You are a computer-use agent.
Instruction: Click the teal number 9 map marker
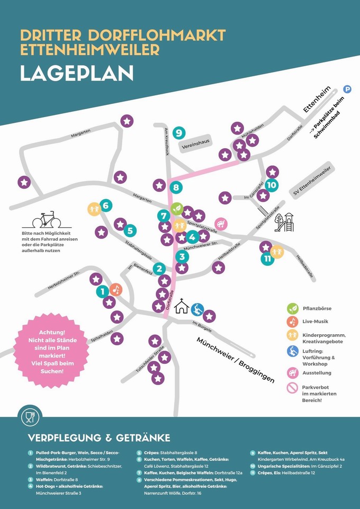pos(179,132)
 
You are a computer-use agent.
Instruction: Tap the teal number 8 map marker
pos(176,187)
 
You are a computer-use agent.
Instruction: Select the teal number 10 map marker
pos(271,185)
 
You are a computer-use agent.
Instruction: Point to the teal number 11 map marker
pos(268,258)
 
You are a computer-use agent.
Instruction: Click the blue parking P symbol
pos(348,90)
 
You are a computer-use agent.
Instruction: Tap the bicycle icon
pos(43,219)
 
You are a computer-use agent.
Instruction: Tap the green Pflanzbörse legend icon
pos(292,308)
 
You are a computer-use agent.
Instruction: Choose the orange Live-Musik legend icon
pos(292,322)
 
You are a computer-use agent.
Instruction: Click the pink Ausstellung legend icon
pos(292,372)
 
